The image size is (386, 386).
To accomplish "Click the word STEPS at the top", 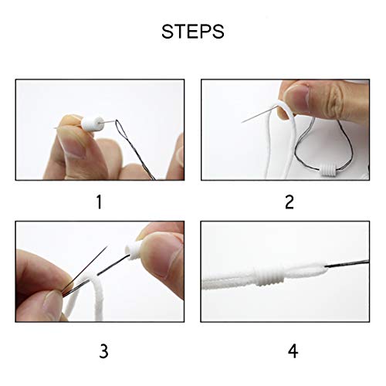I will tap(193, 33).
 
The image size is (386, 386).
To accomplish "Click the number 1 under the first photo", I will tap(98, 202).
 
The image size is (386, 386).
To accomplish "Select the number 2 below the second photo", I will tap(289, 202).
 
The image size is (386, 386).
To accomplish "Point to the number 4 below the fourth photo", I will tap(292, 330).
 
